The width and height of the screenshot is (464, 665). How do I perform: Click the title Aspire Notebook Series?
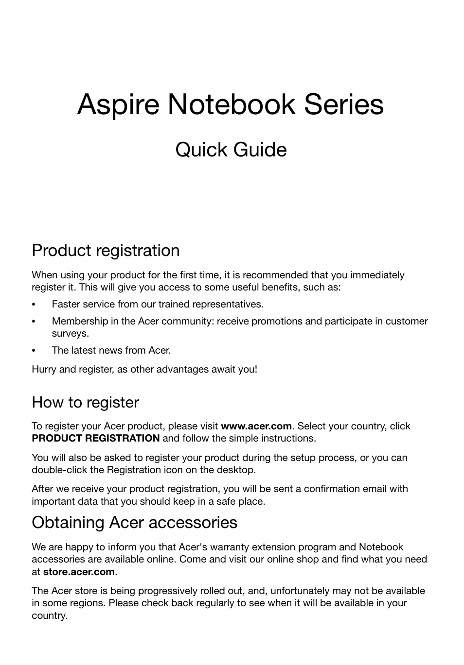pyautogui.click(x=231, y=104)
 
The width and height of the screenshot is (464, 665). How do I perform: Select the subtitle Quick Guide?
pyautogui.click(x=231, y=150)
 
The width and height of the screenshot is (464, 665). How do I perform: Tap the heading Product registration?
pyautogui.click(x=106, y=251)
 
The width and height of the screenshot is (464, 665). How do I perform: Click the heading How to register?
pyautogui.click(x=85, y=402)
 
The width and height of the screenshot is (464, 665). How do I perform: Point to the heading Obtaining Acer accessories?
pyautogui.click(x=134, y=522)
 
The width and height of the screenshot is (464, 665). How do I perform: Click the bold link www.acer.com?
pyautogui.click(x=256, y=426)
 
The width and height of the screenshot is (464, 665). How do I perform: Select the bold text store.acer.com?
pyautogui.click(x=79, y=572)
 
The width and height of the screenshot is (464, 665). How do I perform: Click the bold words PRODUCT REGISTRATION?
pyautogui.click(x=95, y=438)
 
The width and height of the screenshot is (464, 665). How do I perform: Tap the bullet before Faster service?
pyautogui.click(x=34, y=305)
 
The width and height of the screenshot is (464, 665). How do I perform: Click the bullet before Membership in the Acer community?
pyautogui.click(x=34, y=322)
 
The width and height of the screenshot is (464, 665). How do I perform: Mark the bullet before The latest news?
pyautogui.click(x=34, y=351)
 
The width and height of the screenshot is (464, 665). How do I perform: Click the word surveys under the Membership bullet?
pyautogui.click(x=70, y=334)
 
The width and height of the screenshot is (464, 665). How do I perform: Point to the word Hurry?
pyautogui.click(x=44, y=369)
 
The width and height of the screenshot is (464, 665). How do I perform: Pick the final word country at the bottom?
pyautogui.click(x=49, y=615)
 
